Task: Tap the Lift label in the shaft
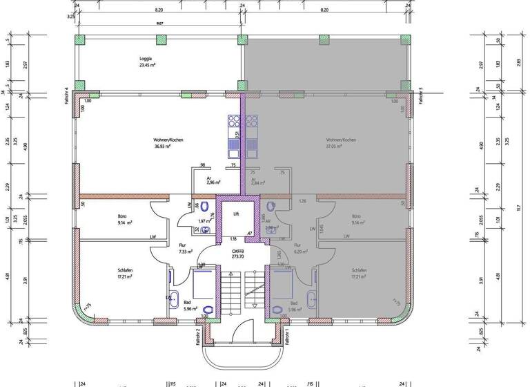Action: tap(236, 214)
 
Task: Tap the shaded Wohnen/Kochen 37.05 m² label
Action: tap(341, 143)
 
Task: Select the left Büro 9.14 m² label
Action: tap(123, 220)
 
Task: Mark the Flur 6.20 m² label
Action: tap(298, 249)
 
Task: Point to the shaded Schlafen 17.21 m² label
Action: tap(359, 274)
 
